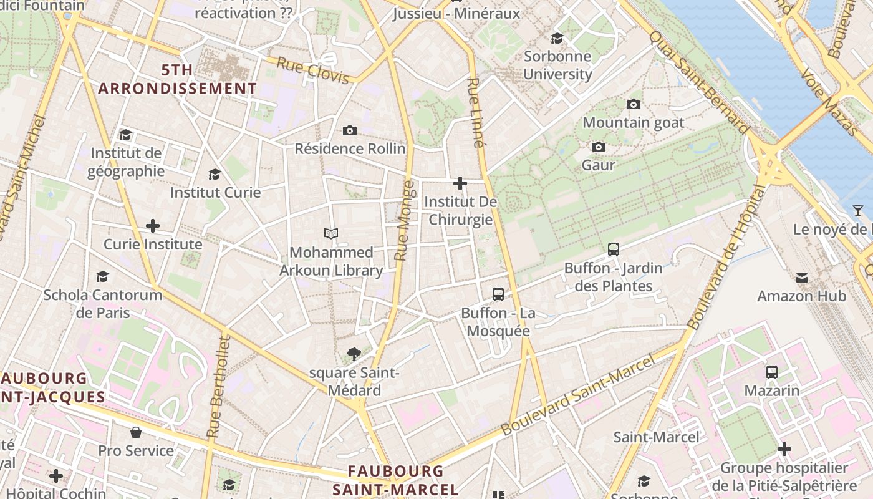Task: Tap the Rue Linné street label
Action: [476, 112]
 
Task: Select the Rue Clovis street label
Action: [312, 70]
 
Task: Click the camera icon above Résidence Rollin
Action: [350, 130]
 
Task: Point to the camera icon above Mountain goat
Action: [634, 104]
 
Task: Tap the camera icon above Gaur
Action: [599, 147]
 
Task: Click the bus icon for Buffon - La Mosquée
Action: [498, 294]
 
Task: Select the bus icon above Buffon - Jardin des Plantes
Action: [614, 249]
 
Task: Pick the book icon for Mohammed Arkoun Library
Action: [331, 234]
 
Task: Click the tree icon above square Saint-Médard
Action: [354, 354]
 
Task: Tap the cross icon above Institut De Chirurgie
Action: [460, 183]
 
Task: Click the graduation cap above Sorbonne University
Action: [557, 38]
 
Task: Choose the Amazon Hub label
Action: [801, 296]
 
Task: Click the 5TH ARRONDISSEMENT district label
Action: [177, 79]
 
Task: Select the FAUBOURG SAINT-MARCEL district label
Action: [395, 480]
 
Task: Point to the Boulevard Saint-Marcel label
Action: [579, 395]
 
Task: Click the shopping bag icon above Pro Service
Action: [135, 432]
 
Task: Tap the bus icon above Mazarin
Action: [772, 372]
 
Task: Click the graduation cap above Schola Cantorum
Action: [102, 276]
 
